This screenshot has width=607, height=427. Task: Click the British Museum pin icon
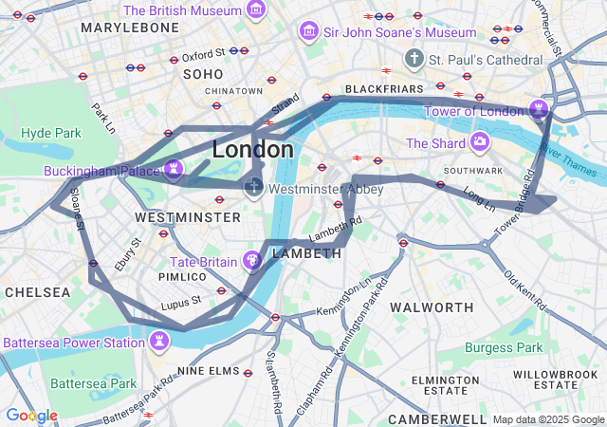coord(255,10)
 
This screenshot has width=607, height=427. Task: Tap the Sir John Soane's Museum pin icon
coord(308,32)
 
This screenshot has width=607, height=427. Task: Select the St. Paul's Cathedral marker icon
coord(414,60)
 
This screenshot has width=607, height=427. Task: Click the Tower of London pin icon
coord(538,107)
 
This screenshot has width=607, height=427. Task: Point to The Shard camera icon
coord(480,142)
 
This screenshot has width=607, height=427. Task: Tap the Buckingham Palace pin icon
coord(172,170)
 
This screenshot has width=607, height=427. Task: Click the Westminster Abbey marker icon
coord(253,187)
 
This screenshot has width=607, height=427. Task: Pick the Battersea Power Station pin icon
coord(158,340)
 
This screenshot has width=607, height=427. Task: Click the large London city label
coord(252,150)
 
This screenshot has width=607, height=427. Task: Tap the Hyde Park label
coord(51,133)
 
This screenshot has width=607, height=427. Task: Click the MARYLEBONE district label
coord(130,28)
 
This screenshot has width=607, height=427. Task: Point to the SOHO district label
coord(203,73)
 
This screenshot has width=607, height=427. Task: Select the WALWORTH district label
coord(432,307)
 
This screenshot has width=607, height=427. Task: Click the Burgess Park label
coord(505,347)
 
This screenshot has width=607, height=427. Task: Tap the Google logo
coord(31,416)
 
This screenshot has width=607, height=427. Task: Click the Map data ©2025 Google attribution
coord(547,419)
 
